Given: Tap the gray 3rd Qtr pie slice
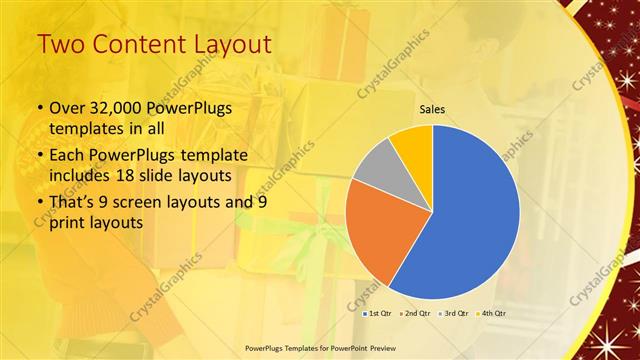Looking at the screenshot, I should (378, 165).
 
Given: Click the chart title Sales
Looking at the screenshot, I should (432, 110).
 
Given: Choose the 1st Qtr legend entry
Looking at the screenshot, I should (377, 314).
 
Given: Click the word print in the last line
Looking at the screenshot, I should (69, 224).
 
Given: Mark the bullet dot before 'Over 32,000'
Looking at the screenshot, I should (38, 108).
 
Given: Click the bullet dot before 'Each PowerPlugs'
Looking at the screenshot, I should (38, 155).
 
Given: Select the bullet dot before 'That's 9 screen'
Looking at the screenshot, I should (38, 204).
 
